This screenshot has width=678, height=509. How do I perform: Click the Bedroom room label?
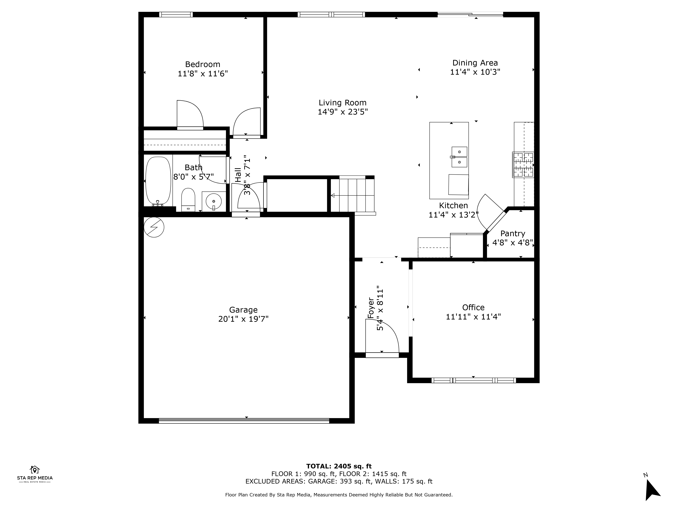(x=203, y=64)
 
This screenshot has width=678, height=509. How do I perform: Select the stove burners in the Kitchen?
(x=523, y=165)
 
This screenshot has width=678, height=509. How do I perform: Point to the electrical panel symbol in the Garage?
(x=154, y=227)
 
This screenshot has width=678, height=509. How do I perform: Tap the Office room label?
(x=473, y=307)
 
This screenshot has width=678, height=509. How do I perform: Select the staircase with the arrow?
(x=353, y=195)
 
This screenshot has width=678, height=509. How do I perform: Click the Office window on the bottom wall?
(x=474, y=380)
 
